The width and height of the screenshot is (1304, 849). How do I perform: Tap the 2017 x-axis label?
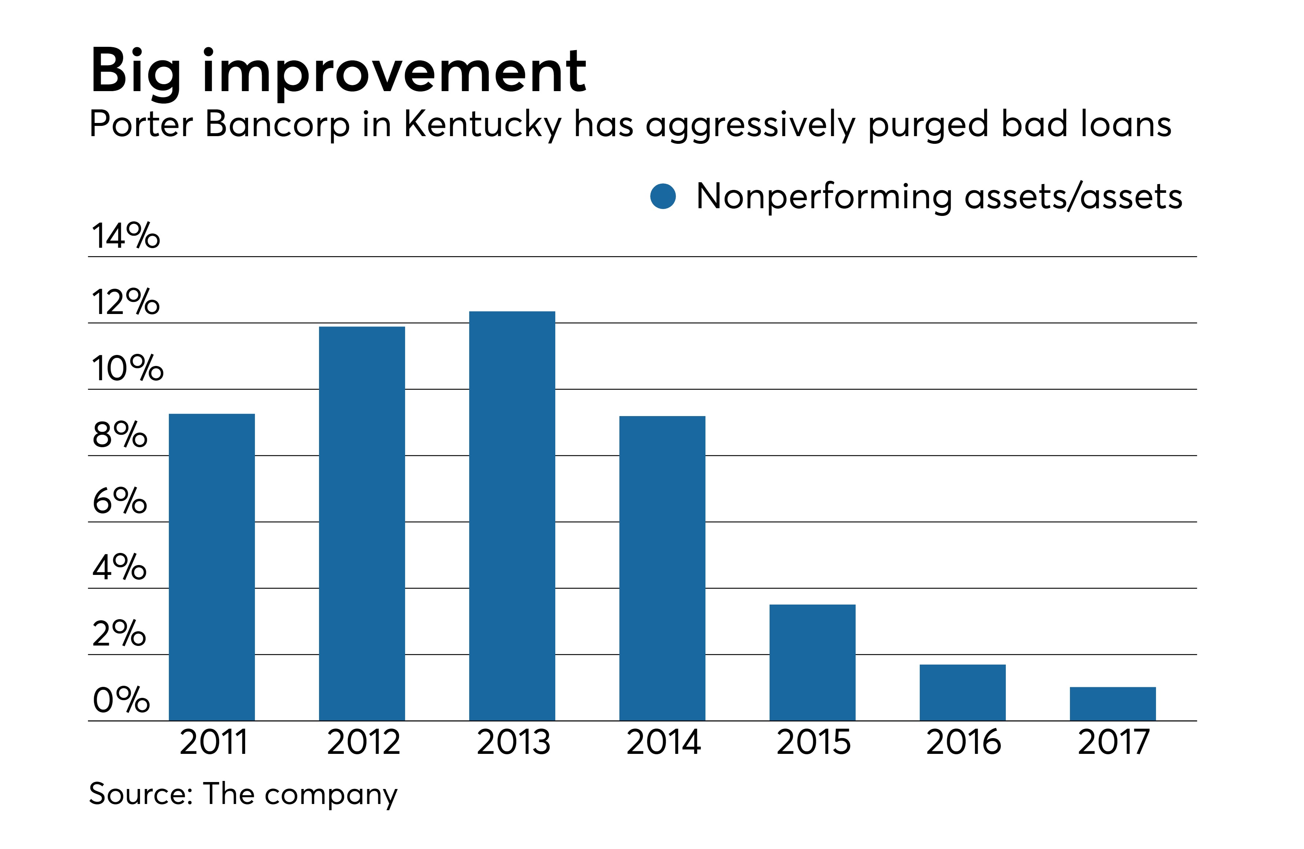1113,742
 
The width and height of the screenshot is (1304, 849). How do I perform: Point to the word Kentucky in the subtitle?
482,125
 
